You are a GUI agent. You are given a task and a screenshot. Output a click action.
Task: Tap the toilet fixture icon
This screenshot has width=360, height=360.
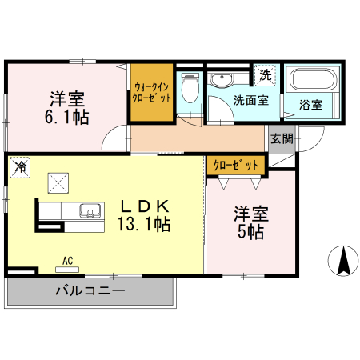click(190, 87)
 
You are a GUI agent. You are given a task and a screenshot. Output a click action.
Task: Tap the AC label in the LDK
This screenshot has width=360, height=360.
click(70, 260)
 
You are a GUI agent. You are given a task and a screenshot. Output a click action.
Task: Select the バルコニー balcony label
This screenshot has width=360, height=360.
click(90, 290)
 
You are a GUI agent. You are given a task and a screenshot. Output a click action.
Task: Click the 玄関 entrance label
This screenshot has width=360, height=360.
click(281, 138)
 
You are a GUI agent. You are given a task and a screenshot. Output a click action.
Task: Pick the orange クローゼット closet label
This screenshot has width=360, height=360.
click(236, 166)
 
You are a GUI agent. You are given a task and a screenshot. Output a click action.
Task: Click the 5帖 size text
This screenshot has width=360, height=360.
click(250, 232)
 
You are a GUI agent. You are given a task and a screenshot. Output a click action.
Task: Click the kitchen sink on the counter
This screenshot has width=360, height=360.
click(90, 212)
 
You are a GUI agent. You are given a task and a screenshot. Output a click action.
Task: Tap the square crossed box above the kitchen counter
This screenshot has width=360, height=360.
click(58, 183)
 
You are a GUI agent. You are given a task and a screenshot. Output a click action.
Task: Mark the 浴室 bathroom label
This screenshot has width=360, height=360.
click(310, 105)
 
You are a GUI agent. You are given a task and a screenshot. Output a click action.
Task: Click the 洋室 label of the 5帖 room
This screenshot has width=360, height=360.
click(250, 214)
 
